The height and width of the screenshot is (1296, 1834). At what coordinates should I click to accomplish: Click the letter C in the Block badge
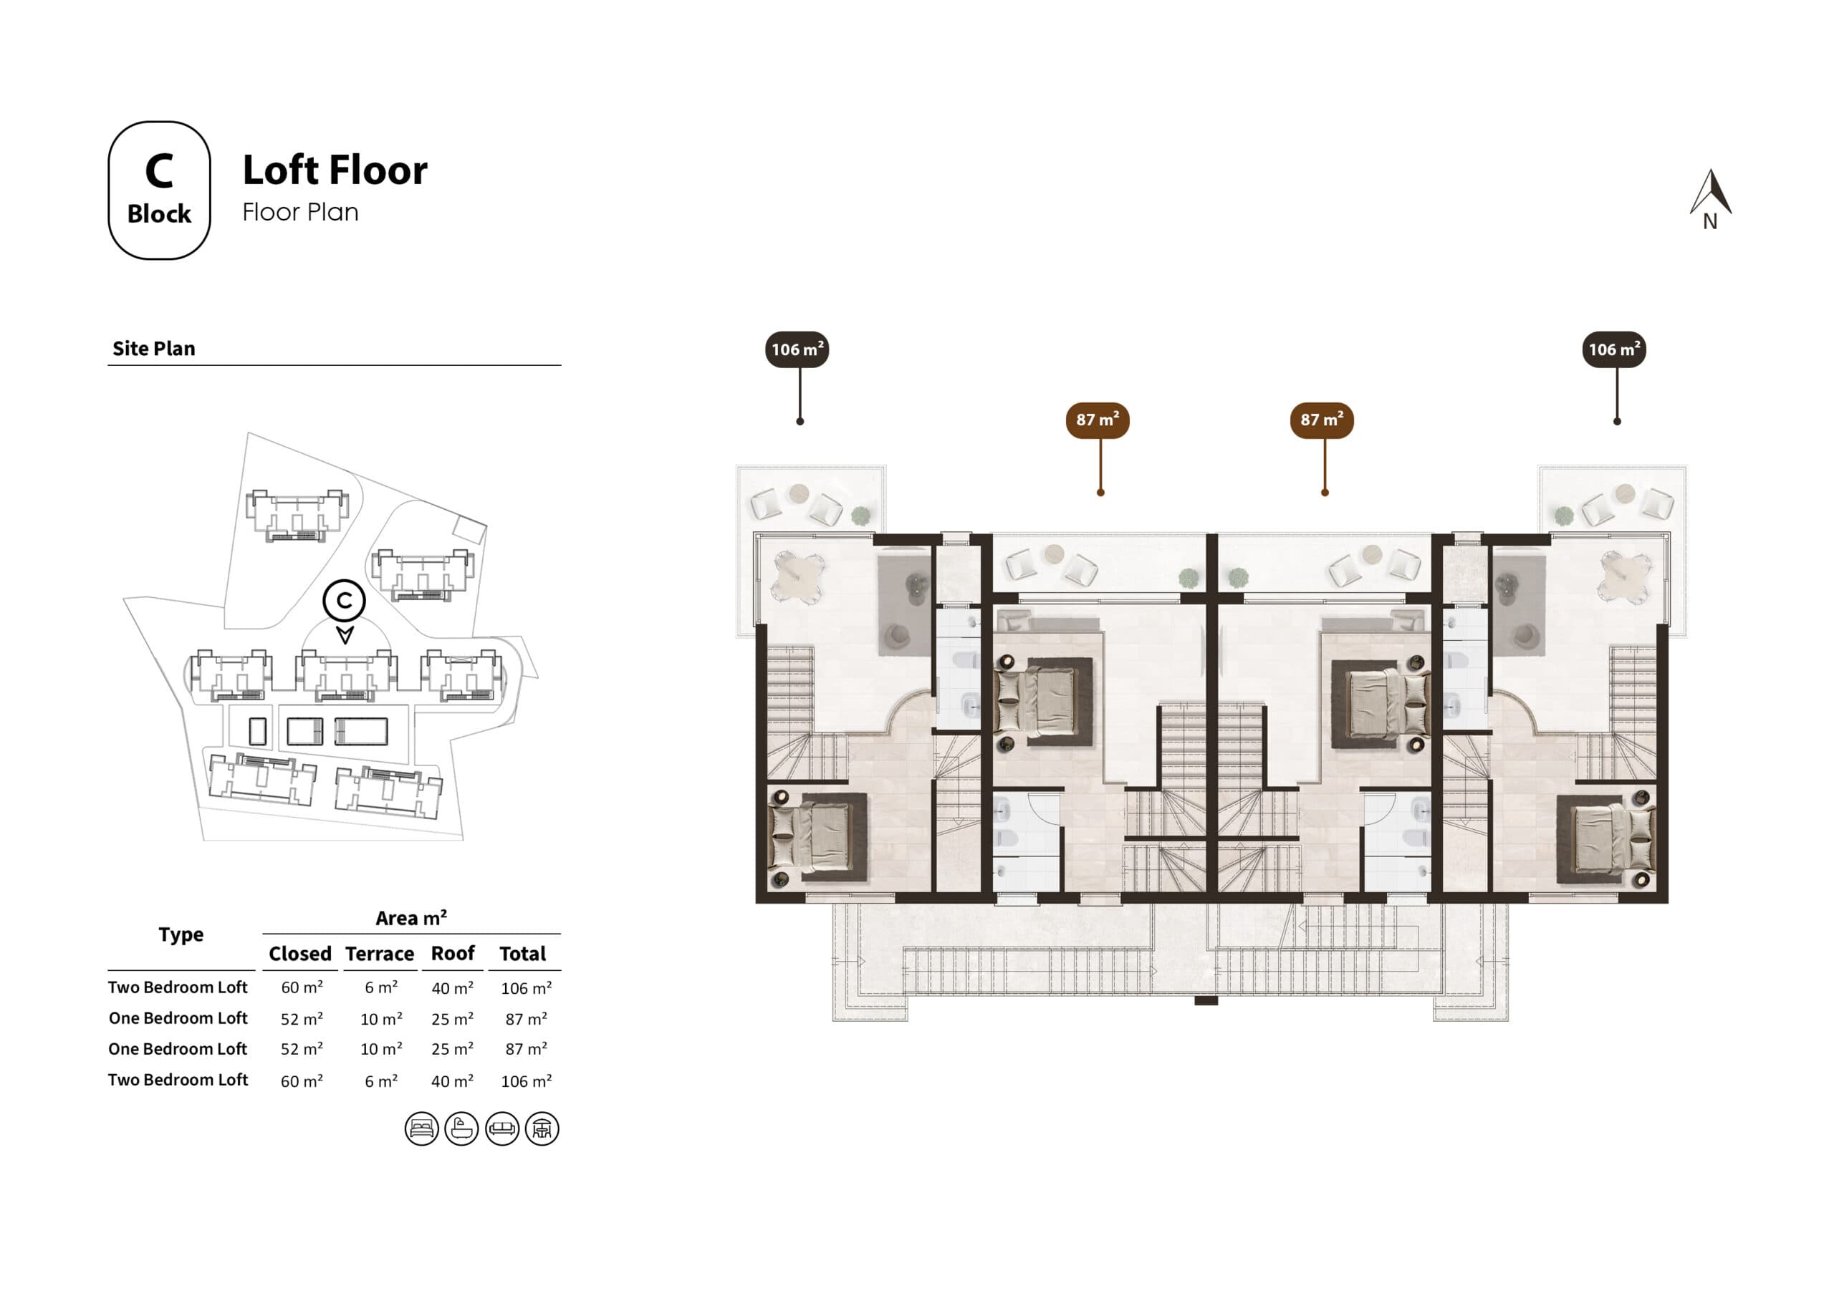159,171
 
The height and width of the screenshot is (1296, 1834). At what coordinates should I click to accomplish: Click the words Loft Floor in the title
335,170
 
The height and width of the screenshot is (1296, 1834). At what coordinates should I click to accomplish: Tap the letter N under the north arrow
1709,222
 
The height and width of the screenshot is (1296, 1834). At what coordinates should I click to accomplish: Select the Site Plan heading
153,348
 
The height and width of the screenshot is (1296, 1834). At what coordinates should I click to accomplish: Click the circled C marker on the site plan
345,600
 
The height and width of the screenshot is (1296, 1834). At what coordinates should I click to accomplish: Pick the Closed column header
299,954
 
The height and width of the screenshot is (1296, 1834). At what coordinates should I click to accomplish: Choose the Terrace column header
380,954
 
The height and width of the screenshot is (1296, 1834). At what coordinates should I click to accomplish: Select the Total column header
522,954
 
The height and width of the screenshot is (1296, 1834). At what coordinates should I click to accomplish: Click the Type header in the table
181,934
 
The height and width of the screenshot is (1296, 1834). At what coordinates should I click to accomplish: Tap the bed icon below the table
421,1128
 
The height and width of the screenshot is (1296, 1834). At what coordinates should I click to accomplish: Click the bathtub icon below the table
461,1128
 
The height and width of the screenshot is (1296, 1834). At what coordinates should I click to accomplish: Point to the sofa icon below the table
501,1128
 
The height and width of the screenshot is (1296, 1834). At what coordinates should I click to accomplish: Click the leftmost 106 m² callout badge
797,349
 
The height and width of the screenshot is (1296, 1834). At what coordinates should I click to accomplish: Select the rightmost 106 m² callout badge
1613,349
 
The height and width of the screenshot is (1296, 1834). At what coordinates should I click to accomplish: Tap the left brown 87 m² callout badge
1097,420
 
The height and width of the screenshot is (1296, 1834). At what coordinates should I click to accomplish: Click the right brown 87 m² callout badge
1321,420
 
